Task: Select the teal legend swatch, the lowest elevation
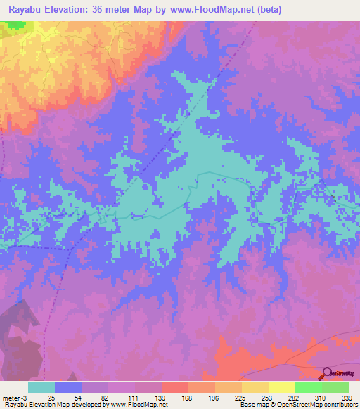(x=41, y=387)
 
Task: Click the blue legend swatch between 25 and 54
(x=68, y=387)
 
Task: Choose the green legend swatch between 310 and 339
(x=335, y=387)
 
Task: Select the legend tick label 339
(x=347, y=398)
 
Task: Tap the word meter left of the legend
(x=9, y=398)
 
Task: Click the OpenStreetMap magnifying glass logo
(x=326, y=373)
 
